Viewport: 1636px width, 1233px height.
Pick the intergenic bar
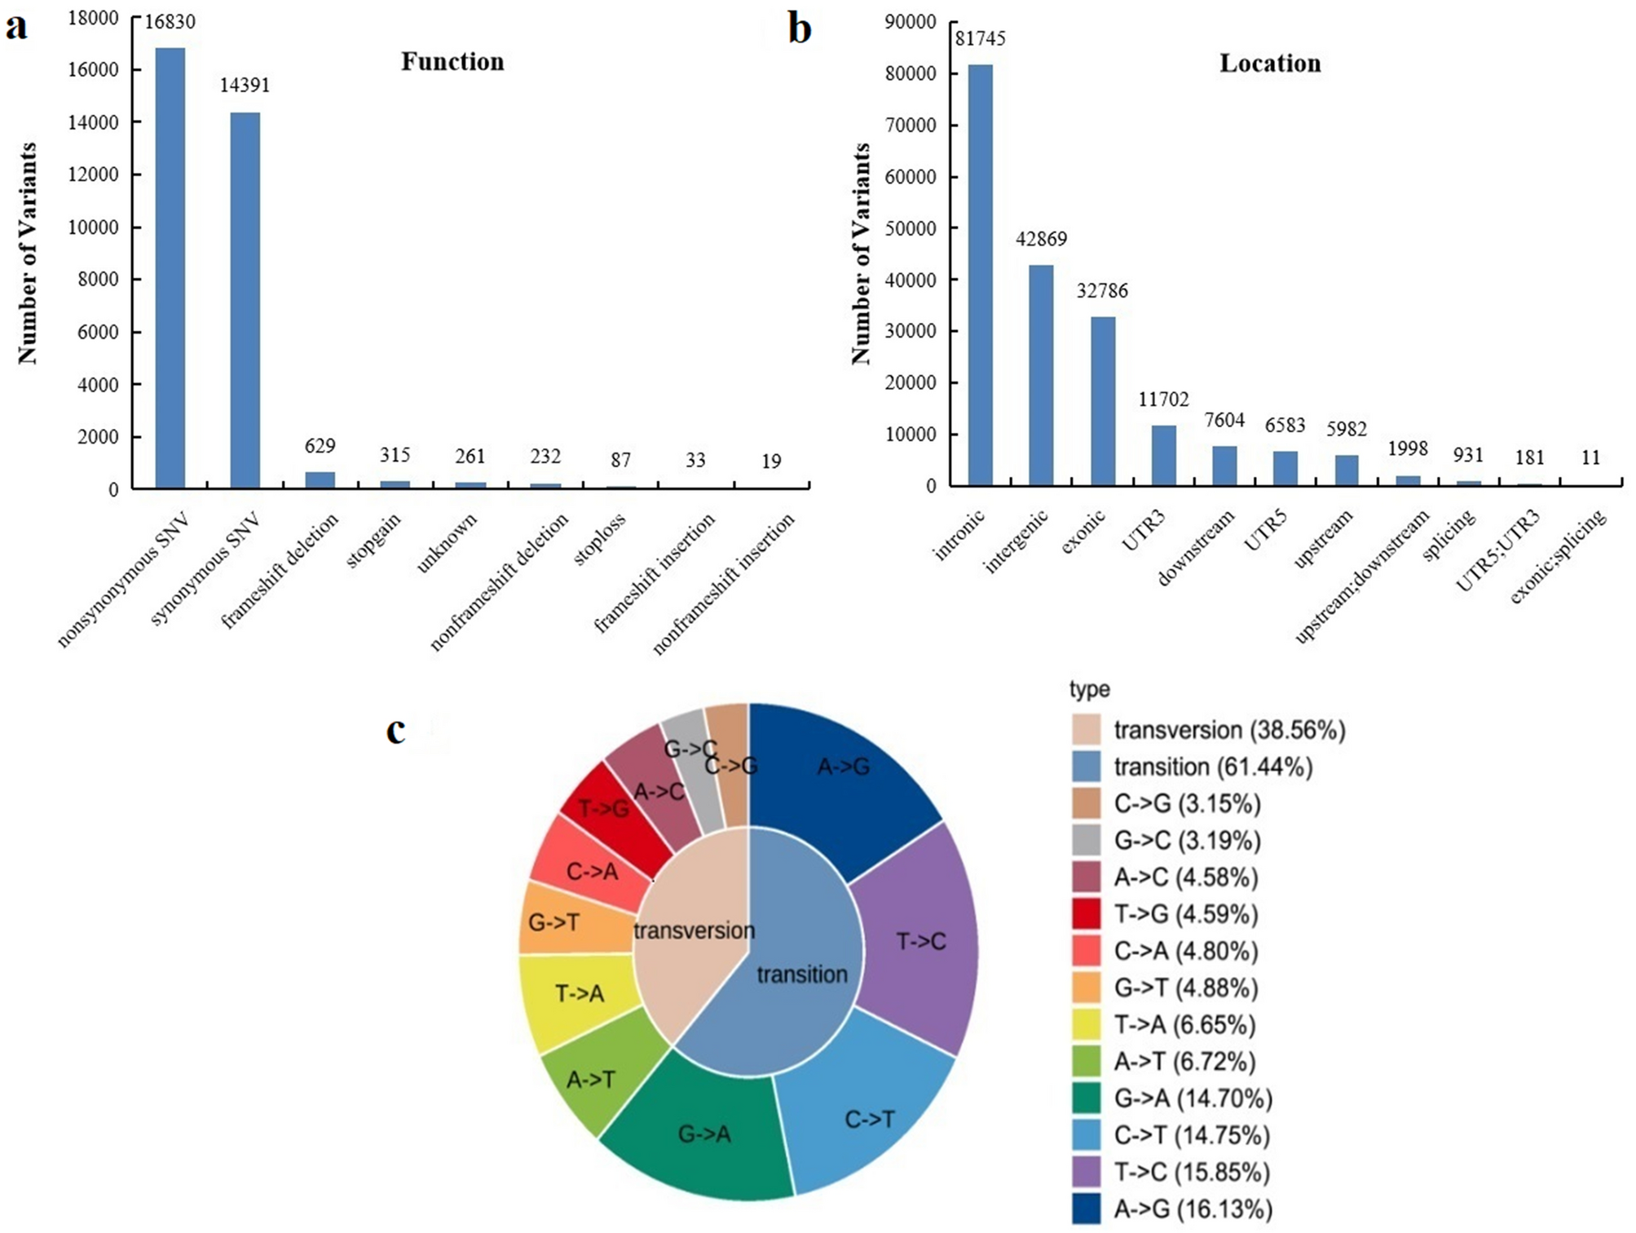coord(1041,375)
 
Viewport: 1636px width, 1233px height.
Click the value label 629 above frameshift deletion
coord(320,445)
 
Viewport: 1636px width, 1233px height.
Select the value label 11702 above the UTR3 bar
coord(1163,399)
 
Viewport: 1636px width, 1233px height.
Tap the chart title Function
coord(452,62)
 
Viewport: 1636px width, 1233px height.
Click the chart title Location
coord(1269,64)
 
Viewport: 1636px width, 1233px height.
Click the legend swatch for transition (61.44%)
coord(1086,767)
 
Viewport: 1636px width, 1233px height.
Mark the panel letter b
coord(800,29)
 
